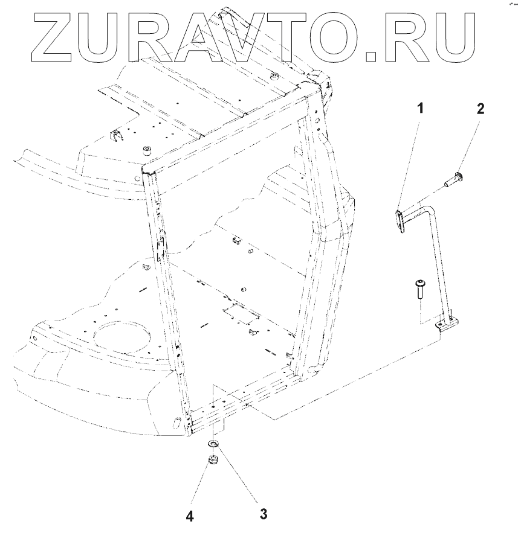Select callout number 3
(264, 514)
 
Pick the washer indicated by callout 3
(213, 445)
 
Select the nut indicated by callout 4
(212, 462)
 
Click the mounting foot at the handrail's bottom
(447, 326)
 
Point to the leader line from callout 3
(238, 480)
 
